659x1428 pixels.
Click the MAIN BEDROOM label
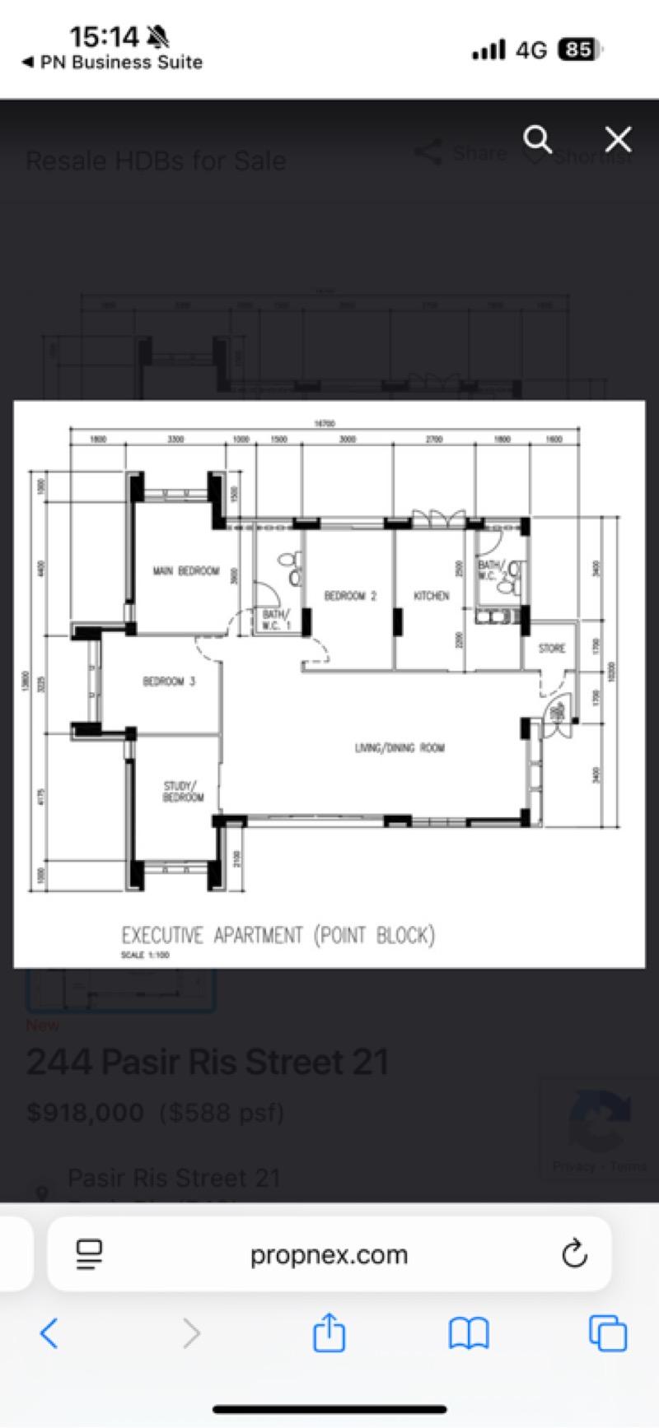tap(186, 570)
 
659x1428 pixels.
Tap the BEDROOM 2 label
tap(350, 596)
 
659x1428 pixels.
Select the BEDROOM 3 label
tap(169, 681)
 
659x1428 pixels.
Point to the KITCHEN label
tap(432, 596)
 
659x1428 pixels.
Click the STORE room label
tap(552, 649)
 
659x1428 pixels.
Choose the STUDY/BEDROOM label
tap(183, 792)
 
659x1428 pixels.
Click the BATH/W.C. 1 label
tap(277, 620)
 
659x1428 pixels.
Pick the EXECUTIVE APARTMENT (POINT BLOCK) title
tap(278, 935)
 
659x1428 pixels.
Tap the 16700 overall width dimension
tap(325, 424)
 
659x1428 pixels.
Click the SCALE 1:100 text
tap(145, 956)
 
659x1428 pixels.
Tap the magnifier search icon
tap(538, 139)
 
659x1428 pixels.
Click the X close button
tap(618, 139)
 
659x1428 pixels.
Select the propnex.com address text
tap(329, 1254)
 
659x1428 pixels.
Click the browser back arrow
tap(49, 1333)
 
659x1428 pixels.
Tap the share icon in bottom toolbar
tap(329, 1332)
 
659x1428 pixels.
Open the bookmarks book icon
tap(469, 1333)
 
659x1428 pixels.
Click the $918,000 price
tap(85, 1113)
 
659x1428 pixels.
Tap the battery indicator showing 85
tap(579, 50)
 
